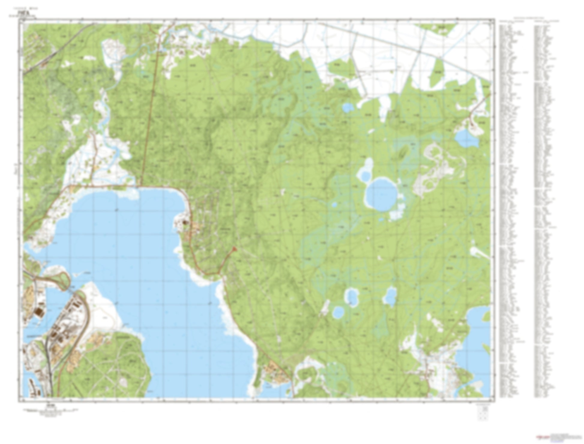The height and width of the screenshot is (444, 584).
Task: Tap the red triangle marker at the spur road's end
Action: tap(235, 249)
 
